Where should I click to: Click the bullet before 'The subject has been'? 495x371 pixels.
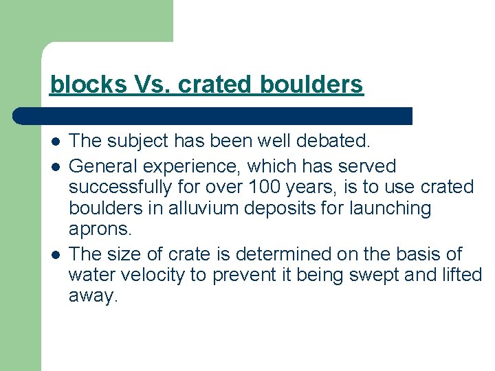click(x=54, y=142)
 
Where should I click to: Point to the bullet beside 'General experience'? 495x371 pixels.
click(x=54, y=166)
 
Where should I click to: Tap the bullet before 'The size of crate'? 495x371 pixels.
click(x=54, y=254)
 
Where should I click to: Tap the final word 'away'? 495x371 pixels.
click(x=93, y=297)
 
